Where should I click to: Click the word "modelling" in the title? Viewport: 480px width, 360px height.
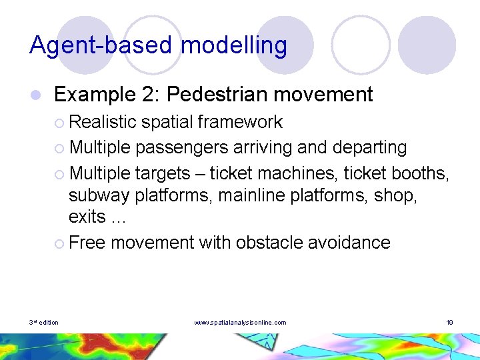point(234,46)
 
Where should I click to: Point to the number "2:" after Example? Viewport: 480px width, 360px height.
point(151,95)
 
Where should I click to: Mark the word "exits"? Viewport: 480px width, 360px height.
point(87,217)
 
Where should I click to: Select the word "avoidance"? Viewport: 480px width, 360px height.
point(349,243)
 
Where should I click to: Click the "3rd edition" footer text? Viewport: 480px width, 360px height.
point(44,323)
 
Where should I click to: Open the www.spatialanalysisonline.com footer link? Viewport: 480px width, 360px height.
point(240,323)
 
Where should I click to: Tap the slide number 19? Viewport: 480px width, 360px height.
point(450,323)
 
